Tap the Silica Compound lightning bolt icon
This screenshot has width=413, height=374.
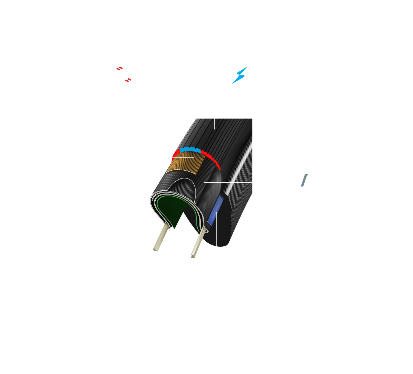click(x=240, y=75)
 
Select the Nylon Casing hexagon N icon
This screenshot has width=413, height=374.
click(x=300, y=182)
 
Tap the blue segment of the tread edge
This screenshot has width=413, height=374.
click(x=190, y=150)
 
